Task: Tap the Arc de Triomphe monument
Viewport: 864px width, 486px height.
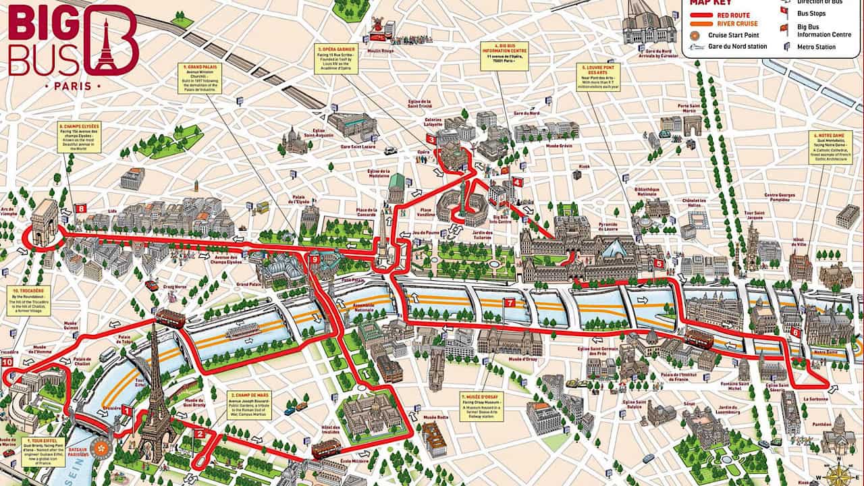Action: coord(45,217)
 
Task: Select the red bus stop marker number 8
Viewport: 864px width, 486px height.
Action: coord(81,209)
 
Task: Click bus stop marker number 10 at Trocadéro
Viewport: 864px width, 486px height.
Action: coord(7,362)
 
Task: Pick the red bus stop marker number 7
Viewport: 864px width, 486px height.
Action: coord(509,303)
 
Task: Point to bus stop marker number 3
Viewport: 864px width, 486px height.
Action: coord(430,139)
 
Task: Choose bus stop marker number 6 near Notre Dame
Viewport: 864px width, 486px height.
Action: coord(795,332)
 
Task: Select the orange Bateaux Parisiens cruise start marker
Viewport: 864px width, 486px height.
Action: coord(101,448)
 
